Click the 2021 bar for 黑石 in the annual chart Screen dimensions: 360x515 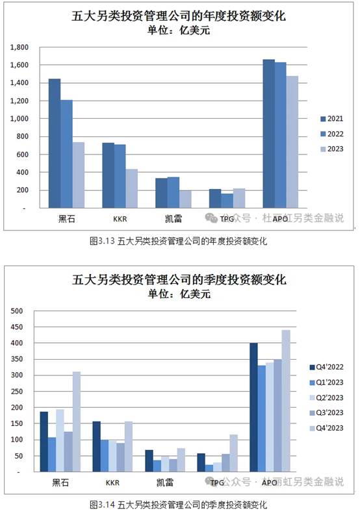(x=55, y=144)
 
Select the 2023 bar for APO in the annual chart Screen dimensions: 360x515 (x=292, y=142)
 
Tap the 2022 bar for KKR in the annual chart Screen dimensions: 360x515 (x=120, y=176)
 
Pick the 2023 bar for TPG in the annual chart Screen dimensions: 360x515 (x=239, y=198)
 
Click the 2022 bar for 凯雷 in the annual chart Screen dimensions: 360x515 (x=174, y=192)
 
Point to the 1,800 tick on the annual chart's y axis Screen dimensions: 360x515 (x=19, y=47)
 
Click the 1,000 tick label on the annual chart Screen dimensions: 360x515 (x=19, y=119)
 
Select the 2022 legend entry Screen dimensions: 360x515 (x=331, y=134)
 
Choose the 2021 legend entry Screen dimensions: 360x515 (x=331, y=119)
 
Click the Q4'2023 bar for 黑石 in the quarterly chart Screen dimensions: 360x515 (x=76, y=421)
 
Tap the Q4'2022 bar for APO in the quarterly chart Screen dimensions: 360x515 (x=253, y=407)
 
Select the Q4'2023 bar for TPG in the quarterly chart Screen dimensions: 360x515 (x=233, y=453)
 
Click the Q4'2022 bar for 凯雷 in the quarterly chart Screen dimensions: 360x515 (x=149, y=461)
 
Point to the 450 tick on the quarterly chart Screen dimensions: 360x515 (x=17, y=327)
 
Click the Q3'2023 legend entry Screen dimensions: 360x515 (x=326, y=413)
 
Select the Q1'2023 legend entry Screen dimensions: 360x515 (x=326, y=383)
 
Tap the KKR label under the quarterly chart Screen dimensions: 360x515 (x=112, y=483)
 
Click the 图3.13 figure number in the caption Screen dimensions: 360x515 (x=102, y=241)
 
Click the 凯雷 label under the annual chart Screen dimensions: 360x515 (x=174, y=219)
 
